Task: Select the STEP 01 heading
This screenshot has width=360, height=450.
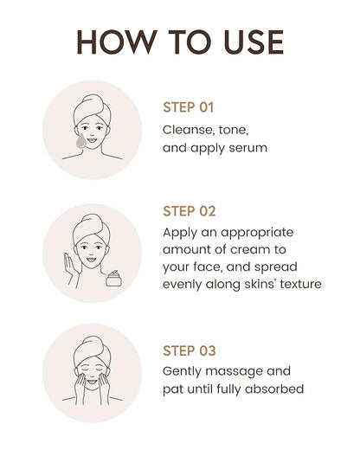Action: pyautogui.click(x=188, y=107)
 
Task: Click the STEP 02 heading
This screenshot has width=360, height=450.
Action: pyautogui.click(x=190, y=211)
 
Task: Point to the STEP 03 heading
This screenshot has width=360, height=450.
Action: pyautogui.click(x=190, y=350)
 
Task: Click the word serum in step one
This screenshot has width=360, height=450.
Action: pyautogui.click(x=248, y=148)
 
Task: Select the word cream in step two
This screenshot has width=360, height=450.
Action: pyautogui.click(x=249, y=249)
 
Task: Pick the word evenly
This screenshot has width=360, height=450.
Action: pyautogui.click(x=182, y=285)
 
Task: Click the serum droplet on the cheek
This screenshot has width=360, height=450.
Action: pyautogui.click(x=81, y=141)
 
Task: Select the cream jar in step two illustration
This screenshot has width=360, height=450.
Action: pyautogui.click(x=113, y=279)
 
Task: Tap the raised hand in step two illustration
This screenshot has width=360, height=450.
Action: pyautogui.click(x=71, y=268)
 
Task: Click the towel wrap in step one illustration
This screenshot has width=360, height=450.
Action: pyautogui.click(x=92, y=110)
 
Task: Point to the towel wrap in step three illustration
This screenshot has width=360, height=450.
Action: pyautogui.click(x=92, y=351)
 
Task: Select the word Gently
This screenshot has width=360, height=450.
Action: pyautogui.click(x=182, y=372)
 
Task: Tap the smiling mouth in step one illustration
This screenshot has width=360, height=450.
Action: pyautogui.click(x=92, y=140)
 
